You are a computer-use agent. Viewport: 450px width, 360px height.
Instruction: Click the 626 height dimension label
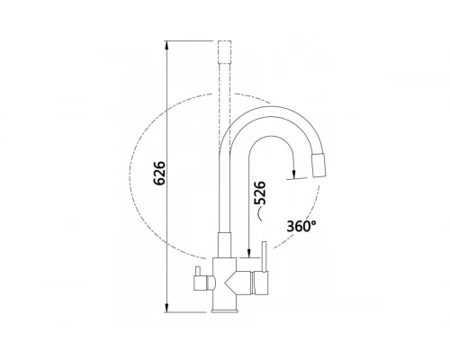[158, 173]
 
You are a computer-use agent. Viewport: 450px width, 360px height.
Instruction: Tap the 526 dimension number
[260, 193]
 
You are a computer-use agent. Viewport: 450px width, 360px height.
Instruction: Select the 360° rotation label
[301, 226]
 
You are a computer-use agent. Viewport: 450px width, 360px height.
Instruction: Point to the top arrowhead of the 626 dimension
[167, 45]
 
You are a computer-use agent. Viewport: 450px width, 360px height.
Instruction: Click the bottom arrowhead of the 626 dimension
[167, 308]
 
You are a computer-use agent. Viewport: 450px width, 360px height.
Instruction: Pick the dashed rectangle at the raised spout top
[225, 51]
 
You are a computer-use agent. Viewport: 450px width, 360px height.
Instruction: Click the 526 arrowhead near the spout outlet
[294, 175]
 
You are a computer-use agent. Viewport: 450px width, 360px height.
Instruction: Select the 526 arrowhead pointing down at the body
[248, 253]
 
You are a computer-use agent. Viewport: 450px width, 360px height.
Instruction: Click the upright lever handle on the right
[265, 256]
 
